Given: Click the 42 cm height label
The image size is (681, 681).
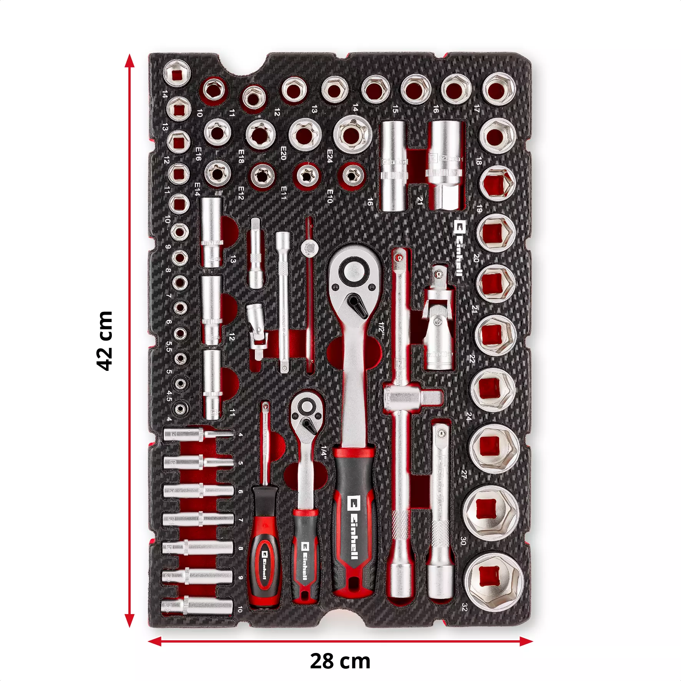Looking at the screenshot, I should (104, 341).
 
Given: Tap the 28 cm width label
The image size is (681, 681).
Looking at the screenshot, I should (340, 661).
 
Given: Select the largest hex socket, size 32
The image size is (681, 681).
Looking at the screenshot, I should (493, 581).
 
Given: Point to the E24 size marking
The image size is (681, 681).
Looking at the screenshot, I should (330, 156).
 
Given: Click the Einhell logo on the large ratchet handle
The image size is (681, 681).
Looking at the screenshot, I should (353, 527).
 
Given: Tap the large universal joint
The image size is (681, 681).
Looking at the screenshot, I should (438, 317).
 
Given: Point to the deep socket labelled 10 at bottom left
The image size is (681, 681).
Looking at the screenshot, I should (197, 608).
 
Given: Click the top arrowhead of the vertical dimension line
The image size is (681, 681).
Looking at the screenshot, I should (130, 60).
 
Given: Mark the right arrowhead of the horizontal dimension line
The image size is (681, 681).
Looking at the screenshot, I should (527, 641).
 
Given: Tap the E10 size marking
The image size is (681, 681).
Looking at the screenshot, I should (330, 196).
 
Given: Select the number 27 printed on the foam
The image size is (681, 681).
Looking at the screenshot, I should (464, 474).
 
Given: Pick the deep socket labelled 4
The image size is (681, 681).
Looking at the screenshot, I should (198, 435).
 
